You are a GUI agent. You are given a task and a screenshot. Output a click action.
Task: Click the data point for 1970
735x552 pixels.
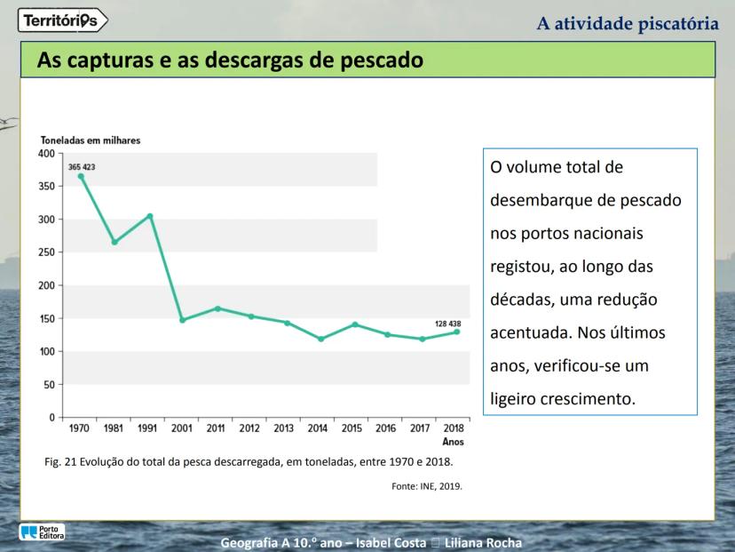[81, 176]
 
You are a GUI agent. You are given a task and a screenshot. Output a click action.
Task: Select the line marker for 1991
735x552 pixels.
[149, 216]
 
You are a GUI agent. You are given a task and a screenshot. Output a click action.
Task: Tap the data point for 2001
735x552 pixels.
[183, 320]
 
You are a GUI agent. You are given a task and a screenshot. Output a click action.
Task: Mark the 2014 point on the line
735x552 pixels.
[320, 339]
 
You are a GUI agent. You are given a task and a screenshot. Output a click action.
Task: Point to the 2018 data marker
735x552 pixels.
[457, 332]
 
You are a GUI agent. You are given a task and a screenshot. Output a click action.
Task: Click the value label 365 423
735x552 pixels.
[82, 166]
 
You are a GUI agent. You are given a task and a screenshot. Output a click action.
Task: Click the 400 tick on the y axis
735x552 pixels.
[48, 153]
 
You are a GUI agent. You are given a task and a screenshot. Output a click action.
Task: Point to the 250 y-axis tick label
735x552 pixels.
[48, 252]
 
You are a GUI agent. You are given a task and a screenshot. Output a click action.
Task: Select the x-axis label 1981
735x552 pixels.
[115, 428]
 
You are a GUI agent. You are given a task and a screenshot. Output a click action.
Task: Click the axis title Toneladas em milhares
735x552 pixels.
[91, 140]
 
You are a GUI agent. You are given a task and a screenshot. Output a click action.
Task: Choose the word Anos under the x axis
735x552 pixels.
[453, 441]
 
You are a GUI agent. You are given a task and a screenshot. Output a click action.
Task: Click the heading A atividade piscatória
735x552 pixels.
[628, 23]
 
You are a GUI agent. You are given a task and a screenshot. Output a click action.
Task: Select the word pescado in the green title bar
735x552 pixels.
[372, 61]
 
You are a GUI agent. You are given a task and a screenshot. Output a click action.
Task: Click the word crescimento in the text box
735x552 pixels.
[587, 398]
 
